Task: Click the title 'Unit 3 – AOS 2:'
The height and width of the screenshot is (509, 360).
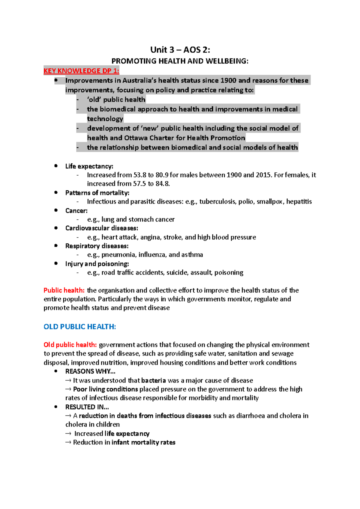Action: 180,49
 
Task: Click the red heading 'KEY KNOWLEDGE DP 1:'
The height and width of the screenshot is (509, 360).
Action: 81,71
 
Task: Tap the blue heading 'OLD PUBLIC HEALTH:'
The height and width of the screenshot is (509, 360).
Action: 80,326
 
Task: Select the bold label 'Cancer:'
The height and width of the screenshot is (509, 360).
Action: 76,211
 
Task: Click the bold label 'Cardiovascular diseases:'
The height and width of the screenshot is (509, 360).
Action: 102,228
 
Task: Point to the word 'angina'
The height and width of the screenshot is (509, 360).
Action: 150,237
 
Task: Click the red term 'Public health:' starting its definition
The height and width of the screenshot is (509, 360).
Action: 64,290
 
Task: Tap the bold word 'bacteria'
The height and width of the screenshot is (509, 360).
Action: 153,380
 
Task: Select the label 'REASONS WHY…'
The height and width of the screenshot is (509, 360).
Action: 90,371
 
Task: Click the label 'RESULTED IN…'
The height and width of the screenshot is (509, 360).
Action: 87,407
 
